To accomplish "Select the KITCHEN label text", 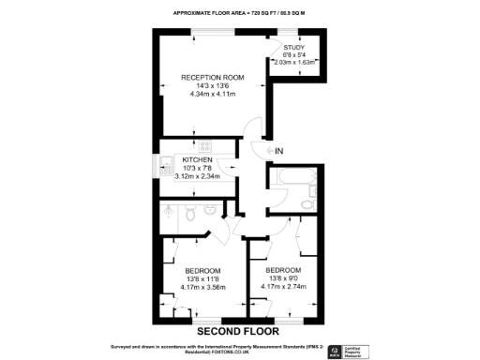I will [x=197, y=160].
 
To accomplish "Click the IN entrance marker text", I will [x=278, y=150].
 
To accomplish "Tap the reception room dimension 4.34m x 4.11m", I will [x=212, y=95].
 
